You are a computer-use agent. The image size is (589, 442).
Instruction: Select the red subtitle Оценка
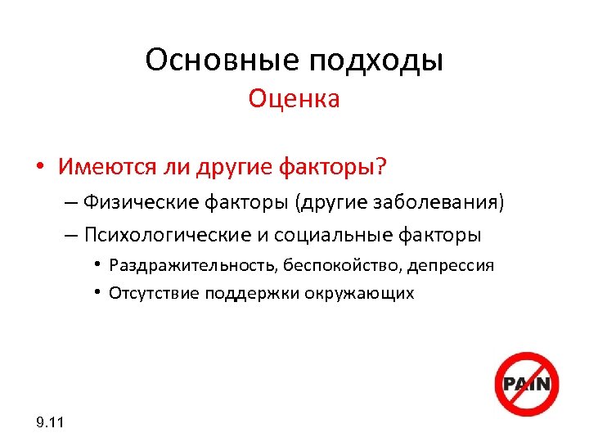pyautogui.click(x=294, y=99)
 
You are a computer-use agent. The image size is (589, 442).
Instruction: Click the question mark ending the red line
pyautogui.click(x=381, y=167)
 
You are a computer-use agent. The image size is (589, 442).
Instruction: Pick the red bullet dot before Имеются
pyautogui.click(x=39, y=168)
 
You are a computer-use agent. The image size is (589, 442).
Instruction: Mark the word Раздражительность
pyautogui.click(x=179, y=266)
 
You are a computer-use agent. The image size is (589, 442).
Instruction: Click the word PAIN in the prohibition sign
pyautogui.click(x=525, y=383)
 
